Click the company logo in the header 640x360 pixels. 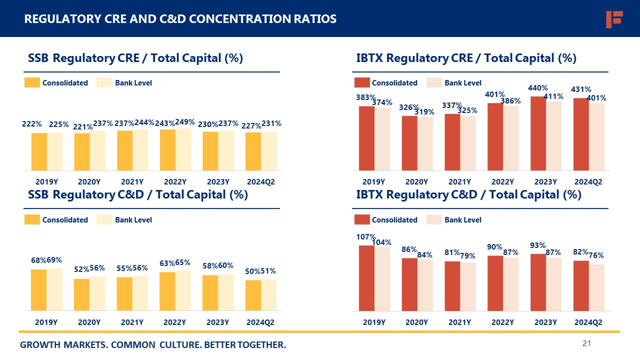click(613, 19)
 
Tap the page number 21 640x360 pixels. click(587, 343)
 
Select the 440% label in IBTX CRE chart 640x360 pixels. click(538, 88)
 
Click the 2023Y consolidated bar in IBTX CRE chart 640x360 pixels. click(538, 133)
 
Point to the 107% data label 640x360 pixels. click(366, 237)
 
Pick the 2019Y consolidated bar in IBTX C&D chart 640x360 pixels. click(366, 278)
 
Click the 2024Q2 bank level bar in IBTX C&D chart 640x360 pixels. click(596, 287)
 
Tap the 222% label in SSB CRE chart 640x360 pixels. click(31, 123)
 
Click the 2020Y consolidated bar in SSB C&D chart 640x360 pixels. click(82, 294)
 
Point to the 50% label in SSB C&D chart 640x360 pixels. click(252, 271)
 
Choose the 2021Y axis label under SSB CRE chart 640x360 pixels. click(132, 182)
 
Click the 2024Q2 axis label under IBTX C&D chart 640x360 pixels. click(588, 323)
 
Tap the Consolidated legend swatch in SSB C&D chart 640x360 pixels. click(32, 220)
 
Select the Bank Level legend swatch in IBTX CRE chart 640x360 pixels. click(434, 83)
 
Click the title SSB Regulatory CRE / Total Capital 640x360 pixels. click(135, 58)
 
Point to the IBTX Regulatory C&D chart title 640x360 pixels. click(468, 195)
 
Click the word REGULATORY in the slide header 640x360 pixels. click(57, 19)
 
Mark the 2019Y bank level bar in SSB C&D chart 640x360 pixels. click(54, 289)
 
